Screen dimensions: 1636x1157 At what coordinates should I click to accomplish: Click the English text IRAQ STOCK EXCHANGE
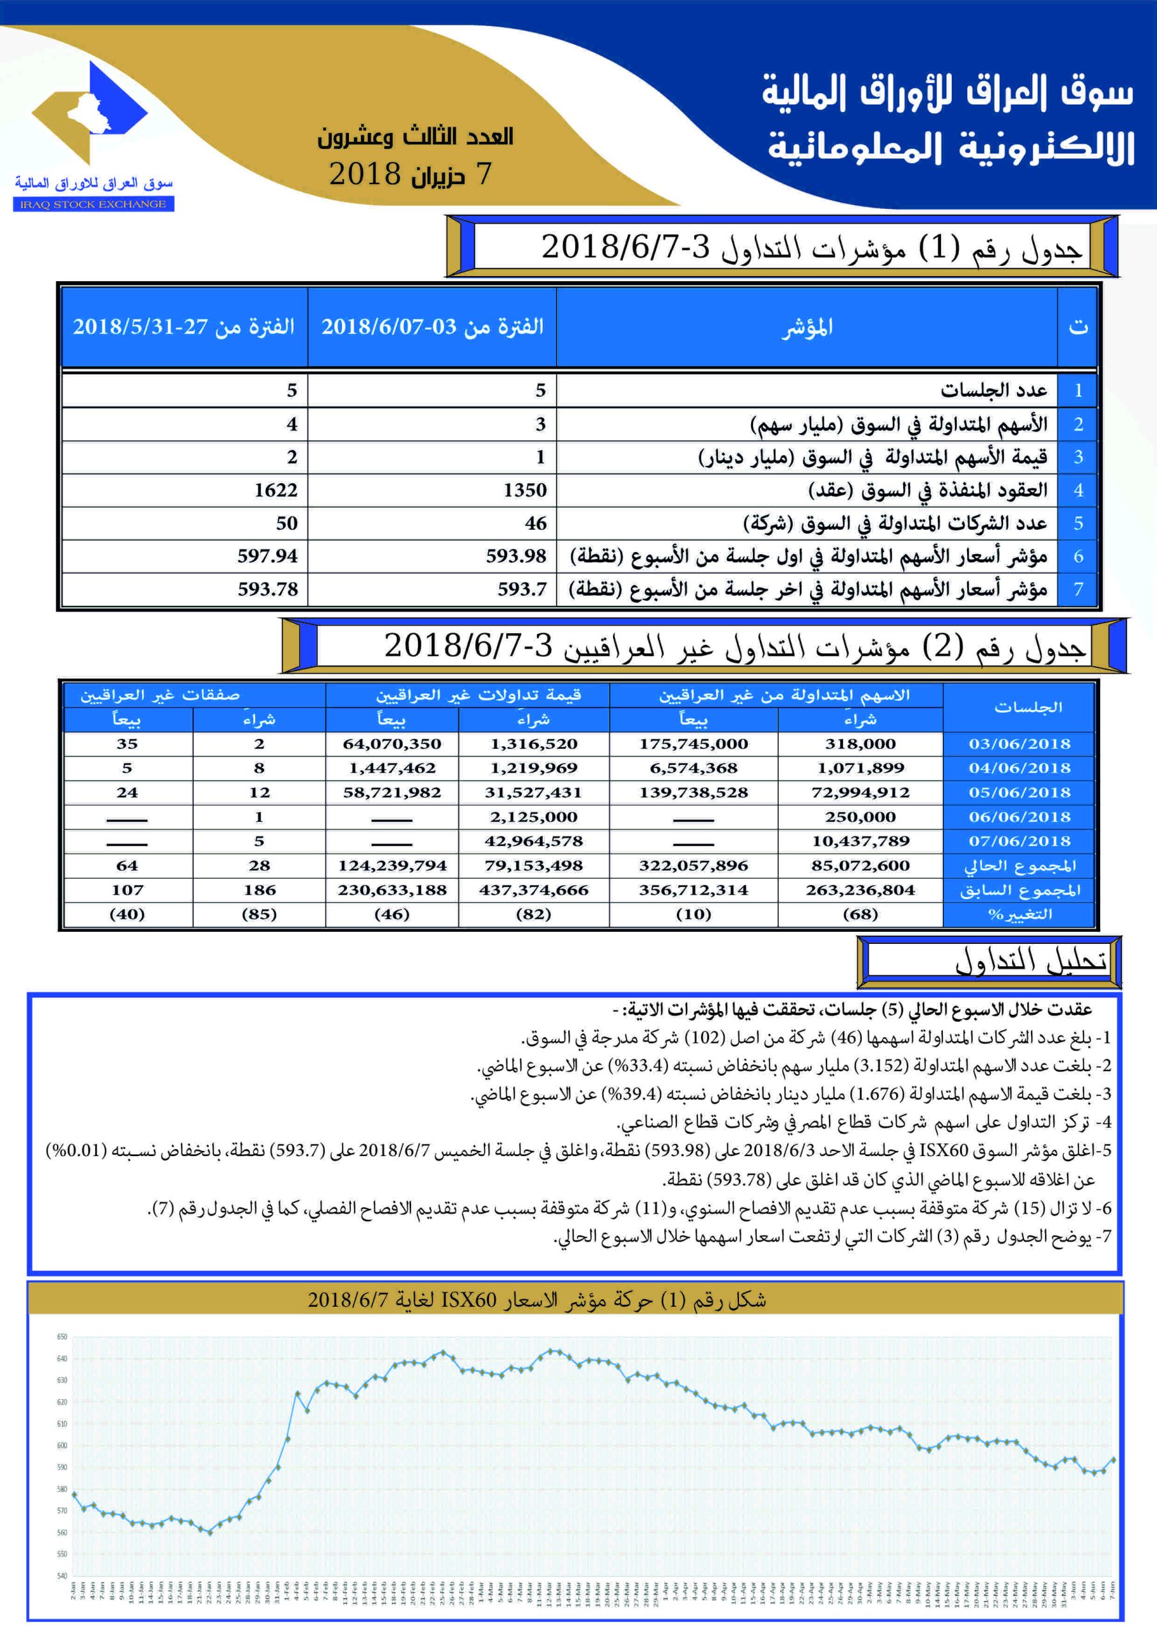93,204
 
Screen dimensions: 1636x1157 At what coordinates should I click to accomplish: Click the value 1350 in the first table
524,490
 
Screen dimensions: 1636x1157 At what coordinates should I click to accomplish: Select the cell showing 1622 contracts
275,490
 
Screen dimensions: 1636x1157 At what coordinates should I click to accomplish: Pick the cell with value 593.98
515,556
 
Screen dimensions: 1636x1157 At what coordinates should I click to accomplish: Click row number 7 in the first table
1078,589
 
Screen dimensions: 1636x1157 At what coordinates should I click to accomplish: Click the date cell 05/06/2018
1019,792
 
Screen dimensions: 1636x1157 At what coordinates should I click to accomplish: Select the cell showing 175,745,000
693,744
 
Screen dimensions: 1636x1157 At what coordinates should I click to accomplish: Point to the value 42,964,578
533,842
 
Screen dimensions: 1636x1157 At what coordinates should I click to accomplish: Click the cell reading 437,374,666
533,890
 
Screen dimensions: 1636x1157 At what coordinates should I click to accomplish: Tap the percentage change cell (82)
533,914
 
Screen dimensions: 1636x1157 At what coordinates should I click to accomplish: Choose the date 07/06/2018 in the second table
1019,842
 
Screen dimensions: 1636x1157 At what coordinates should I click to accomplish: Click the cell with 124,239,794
391,866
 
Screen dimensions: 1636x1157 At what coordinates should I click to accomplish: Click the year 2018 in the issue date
365,174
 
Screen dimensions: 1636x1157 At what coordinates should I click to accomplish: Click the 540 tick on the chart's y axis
62,1575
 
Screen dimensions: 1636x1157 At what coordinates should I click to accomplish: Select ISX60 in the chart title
469,1300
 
